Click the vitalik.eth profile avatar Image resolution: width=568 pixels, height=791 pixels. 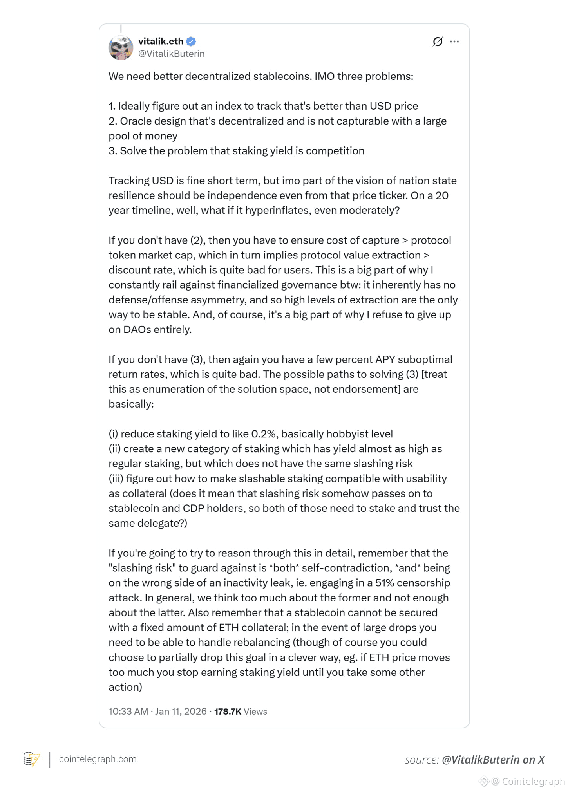pos(121,48)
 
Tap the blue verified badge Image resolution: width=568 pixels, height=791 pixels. pos(191,41)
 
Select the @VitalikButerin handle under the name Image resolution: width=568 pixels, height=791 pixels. pos(171,54)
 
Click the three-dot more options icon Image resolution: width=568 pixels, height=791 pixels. pos(454,42)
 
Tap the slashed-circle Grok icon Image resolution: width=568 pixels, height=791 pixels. pos(438,42)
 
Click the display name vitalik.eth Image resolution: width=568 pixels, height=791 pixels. pos(161,41)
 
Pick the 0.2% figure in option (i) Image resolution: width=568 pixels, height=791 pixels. pos(264,434)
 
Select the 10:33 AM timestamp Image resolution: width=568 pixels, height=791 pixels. pos(128,712)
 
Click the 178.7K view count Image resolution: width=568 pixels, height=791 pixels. pos(228,712)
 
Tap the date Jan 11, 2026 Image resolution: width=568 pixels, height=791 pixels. pos(181,712)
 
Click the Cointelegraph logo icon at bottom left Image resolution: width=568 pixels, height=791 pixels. pos(31,759)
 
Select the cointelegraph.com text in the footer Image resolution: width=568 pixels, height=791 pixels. pos(98,759)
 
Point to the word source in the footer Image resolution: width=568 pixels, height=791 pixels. pos(421,760)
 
